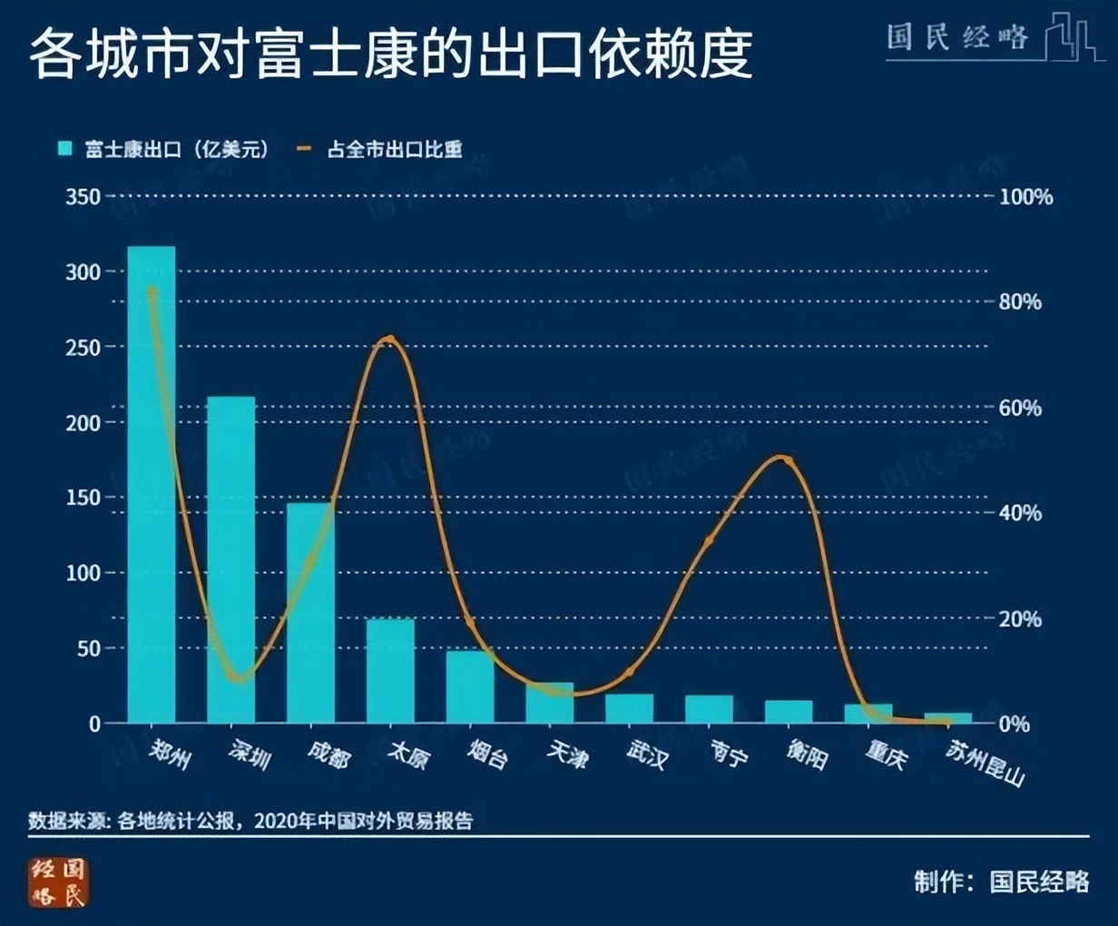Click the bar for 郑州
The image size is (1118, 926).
tap(152, 485)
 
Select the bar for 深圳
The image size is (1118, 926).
tap(230, 559)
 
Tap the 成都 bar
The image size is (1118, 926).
tap(310, 613)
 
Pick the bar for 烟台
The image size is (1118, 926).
tap(470, 686)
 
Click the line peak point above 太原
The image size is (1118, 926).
tap(390, 340)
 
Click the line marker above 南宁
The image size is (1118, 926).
tap(709, 541)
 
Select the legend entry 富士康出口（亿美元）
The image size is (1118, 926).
tap(164, 150)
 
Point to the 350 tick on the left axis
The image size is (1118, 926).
tap(83, 196)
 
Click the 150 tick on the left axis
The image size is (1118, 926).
tap(83, 497)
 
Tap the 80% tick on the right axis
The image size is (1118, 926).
tap(1020, 302)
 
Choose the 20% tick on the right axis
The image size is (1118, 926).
tap(1020, 619)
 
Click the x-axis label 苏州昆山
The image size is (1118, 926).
tap(986, 763)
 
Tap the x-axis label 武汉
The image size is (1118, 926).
tap(647, 754)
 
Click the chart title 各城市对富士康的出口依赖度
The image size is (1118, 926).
tap(390, 52)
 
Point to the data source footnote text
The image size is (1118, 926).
tap(250, 821)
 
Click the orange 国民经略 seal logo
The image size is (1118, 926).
tap(59, 882)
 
